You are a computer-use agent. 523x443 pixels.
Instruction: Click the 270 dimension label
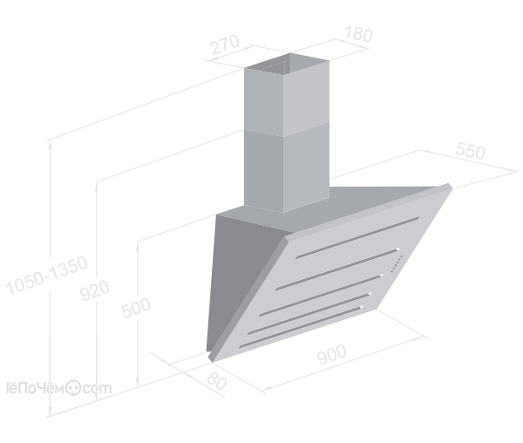pos(226,44)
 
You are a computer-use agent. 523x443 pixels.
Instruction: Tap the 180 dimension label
pos(358,34)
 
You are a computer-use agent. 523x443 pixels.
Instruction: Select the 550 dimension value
pos(471,151)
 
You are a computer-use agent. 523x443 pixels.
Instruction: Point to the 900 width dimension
pos(332,354)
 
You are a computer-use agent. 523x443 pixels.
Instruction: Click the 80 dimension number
pos(217,380)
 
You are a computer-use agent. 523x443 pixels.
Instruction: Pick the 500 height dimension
pos(136,308)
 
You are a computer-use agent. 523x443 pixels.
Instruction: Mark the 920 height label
pos(95,290)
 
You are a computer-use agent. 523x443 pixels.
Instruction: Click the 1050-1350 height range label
pos(47,276)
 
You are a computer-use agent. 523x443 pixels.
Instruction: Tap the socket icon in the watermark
pos(72,387)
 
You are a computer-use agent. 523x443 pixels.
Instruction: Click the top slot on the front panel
pos(357,237)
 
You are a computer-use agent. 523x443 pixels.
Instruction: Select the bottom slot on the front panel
pos(300,327)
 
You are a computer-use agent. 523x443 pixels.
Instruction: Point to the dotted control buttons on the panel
pos(397,263)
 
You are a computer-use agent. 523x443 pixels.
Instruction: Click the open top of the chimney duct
pos(287,64)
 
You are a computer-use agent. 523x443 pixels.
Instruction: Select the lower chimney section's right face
pos(306,167)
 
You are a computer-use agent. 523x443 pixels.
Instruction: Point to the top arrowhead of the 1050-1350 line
pos(50,144)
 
